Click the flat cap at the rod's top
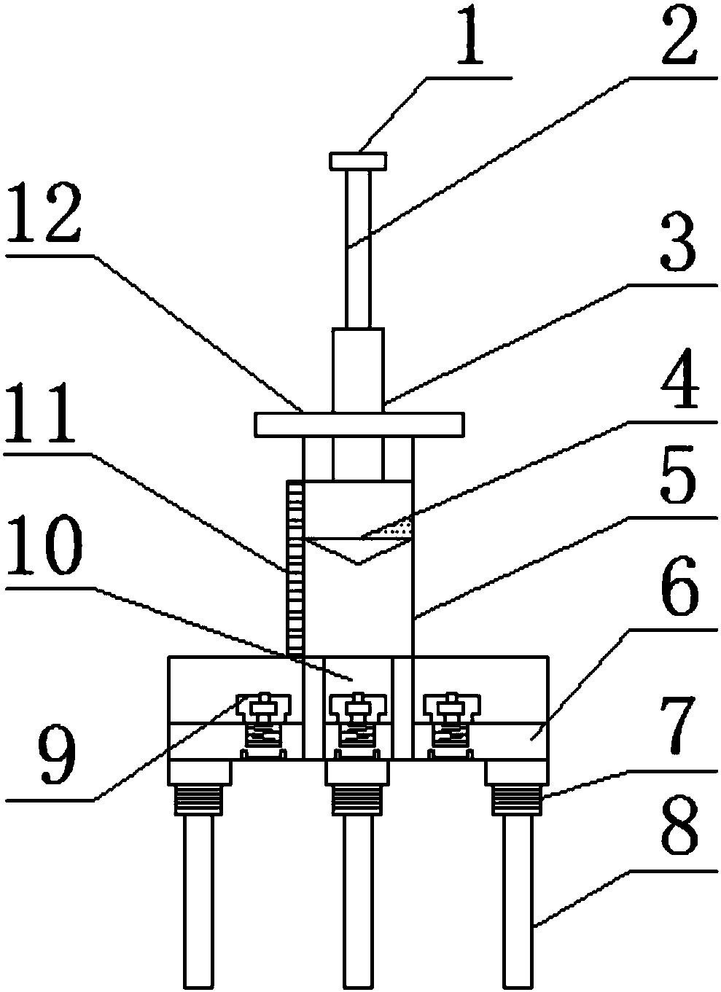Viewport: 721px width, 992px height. click(x=357, y=160)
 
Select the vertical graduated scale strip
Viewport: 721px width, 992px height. click(x=295, y=568)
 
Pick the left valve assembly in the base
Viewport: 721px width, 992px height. click(x=263, y=721)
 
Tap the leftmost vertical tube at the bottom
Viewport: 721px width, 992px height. click(x=197, y=897)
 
